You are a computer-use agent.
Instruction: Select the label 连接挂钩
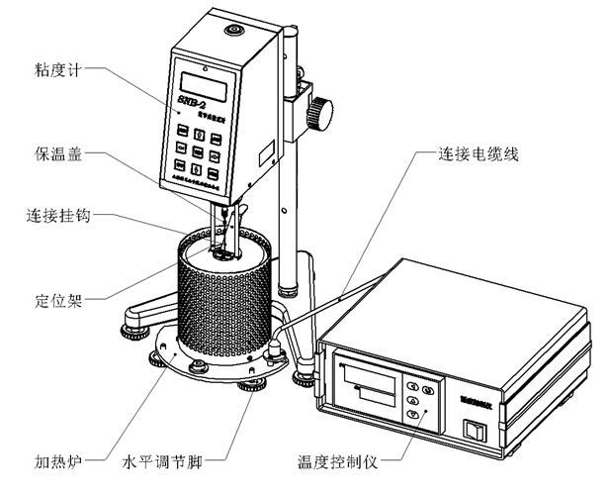pyautogui.click(x=58, y=214)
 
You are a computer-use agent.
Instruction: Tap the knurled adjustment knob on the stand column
pyautogui.click(x=318, y=111)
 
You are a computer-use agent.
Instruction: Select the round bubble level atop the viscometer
pyautogui.click(x=235, y=31)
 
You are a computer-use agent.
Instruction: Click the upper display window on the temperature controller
pyautogui.click(x=372, y=376)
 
